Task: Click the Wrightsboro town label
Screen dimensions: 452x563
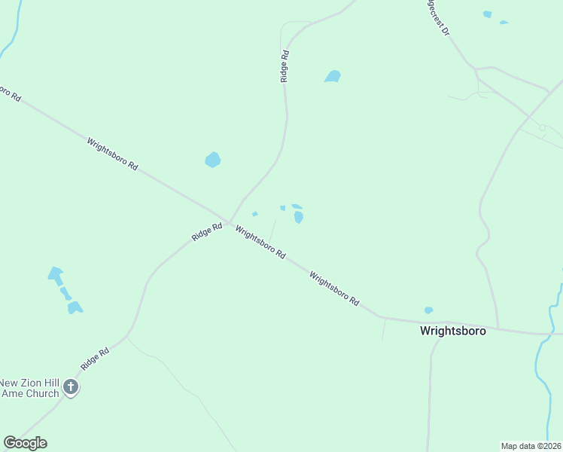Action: click(x=452, y=330)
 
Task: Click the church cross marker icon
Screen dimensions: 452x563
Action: click(x=71, y=387)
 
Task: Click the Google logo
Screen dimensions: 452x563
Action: click(x=25, y=443)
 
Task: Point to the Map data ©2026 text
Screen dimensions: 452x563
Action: click(x=531, y=446)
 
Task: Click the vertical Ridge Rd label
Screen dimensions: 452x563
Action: click(x=285, y=66)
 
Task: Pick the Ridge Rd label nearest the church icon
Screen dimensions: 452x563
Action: click(x=95, y=356)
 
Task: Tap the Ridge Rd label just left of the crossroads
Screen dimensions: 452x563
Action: click(x=206, y=231)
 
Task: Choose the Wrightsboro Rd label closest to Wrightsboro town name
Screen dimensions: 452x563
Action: click(x=333, y=288)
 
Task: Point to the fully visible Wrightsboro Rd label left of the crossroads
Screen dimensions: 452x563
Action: click(x=112, y=153)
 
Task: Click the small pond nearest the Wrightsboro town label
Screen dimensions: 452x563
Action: click(x=428, y=310)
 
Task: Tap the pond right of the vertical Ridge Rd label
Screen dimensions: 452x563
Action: click(x=332, y=76)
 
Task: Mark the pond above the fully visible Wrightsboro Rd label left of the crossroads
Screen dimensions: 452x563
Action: click(x=213, y=160)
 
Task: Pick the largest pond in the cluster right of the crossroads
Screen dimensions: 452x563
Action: click(x=299, y=217)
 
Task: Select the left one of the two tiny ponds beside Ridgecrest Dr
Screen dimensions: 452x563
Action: click(x=487, y=14)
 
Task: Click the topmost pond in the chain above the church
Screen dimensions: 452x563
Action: click(x=55, y=273)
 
